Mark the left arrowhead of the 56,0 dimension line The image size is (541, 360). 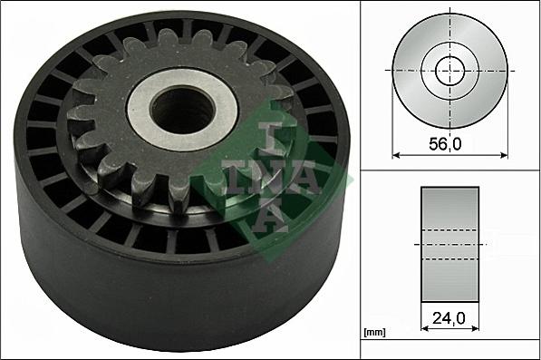(396, 154)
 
